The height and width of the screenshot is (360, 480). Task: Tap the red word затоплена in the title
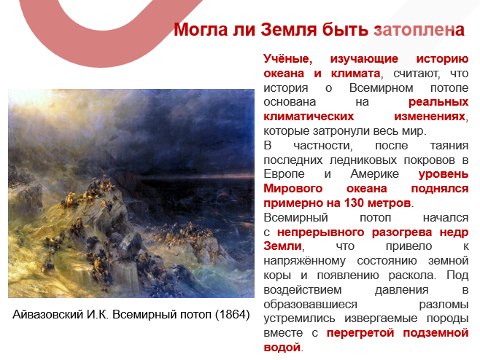point(419,31)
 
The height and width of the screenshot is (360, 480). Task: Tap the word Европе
point(285,175)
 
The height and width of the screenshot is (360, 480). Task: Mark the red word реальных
point(437,102)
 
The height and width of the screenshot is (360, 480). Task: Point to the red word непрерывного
point(322,231)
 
